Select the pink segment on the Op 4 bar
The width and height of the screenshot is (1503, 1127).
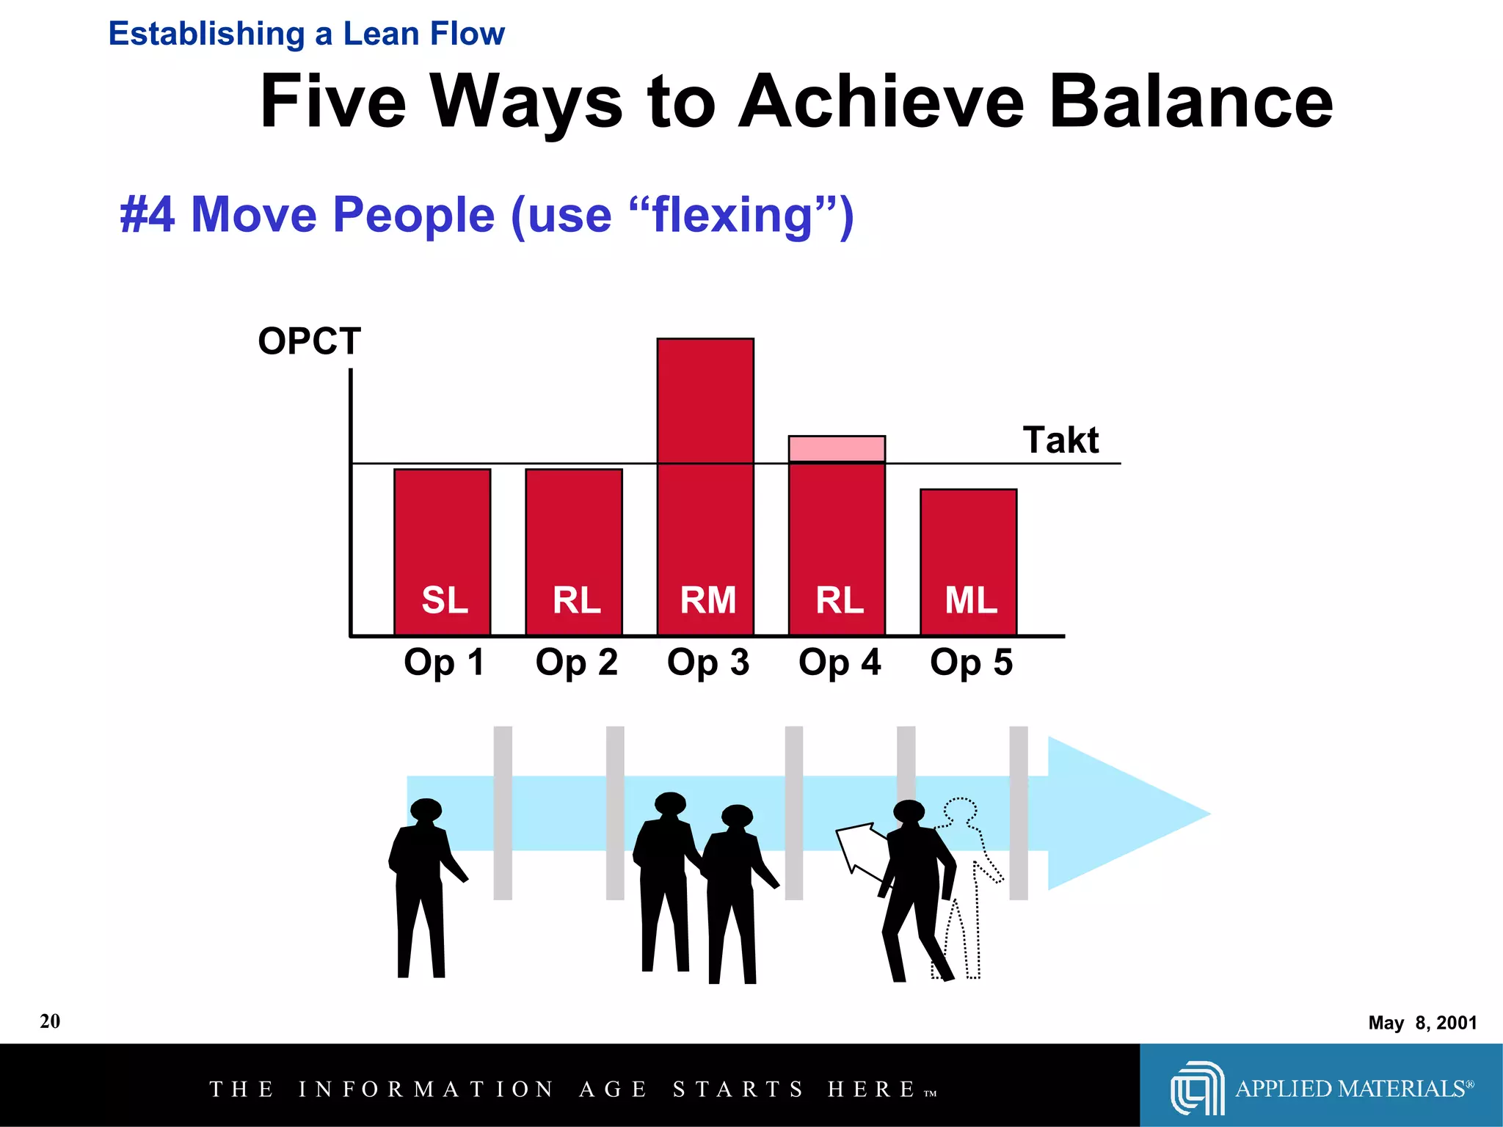click(x=837, y=448)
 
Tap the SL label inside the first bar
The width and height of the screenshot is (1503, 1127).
click(x=444, y=600)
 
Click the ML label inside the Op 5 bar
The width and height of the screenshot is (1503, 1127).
click(x=970, y=600)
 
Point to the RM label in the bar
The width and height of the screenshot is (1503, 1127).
click(x=707, y=600)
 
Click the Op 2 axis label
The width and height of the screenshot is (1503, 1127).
click(x=576, y=662)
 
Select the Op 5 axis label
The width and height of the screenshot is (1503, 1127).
click(x=970, y=662)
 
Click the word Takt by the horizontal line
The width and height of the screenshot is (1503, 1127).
click(x=1060, y=440)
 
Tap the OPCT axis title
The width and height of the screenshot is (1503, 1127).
click(x=309, y=341)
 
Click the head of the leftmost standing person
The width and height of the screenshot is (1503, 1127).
click(x=426, y=810)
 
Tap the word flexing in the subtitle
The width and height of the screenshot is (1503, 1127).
click(x=732, y=215)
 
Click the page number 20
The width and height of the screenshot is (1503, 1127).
click(x=50, y=1021)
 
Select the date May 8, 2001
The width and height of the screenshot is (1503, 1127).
click(x=1422, y=1022)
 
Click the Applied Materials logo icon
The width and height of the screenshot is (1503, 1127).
click(x=1196, y=1087)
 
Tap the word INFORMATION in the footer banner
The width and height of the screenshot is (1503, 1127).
click(x=426, y=1089)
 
